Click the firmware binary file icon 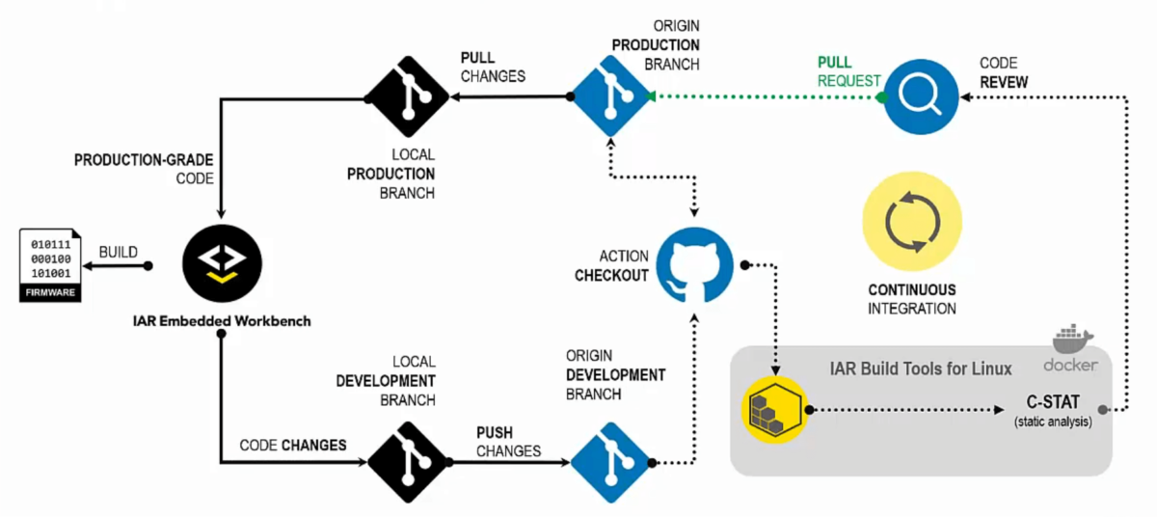click(50, 265)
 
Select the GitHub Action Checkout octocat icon click(694, 266)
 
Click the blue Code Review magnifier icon click(921, 96)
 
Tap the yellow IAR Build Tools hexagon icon click(774, 410)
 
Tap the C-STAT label click(1052, 403)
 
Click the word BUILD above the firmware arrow click(119, 252)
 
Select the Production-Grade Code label click(144, 169)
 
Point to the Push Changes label click(508, 441)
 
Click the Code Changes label click(292, 445)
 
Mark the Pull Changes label click(493, 67)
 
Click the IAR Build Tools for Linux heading click(921, 368)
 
